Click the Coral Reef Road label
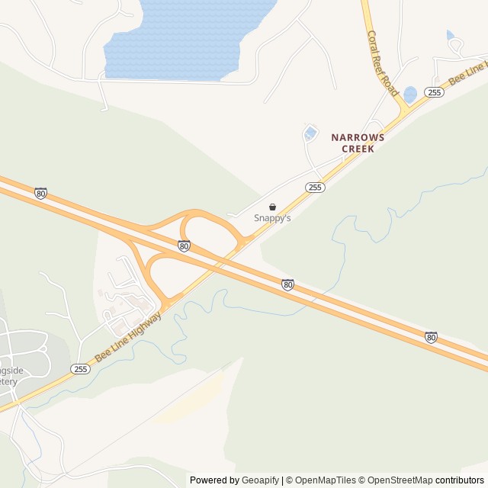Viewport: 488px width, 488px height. point(383,63)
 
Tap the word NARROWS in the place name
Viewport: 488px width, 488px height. point(358,138)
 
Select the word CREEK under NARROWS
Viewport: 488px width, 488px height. point(358,149)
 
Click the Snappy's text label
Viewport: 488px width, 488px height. point(272,218)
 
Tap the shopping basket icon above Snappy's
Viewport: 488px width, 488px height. point(272,207)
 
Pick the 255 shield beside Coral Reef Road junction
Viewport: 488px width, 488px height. point(434,92)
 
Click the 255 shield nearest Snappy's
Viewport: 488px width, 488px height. point(316,187)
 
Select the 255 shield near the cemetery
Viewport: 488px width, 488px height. point(81,369)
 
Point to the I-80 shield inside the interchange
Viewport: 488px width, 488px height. point(184,246)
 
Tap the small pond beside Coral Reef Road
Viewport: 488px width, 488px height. point(410,95)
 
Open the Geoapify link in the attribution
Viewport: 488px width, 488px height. point(260,480)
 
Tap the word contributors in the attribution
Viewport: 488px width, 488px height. point(460,480)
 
